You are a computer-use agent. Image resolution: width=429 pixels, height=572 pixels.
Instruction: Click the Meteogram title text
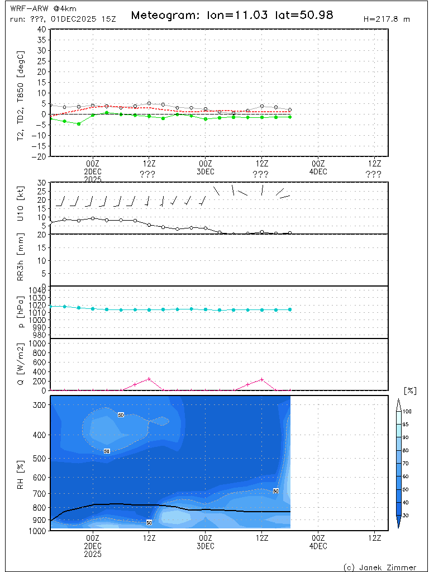232,15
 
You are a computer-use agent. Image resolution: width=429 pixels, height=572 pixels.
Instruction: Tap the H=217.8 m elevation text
387,19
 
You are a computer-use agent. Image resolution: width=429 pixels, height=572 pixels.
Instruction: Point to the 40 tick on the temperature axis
41,29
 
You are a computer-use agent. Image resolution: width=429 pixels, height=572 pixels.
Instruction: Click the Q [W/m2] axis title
21,364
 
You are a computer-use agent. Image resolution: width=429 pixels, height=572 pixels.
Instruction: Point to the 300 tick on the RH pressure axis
39,405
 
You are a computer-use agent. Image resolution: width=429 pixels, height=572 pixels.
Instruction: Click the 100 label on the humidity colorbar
408,411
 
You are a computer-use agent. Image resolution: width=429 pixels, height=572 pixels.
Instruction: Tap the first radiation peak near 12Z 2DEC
149,379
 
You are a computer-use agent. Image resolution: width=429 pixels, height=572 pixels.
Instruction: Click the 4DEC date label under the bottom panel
318,545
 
